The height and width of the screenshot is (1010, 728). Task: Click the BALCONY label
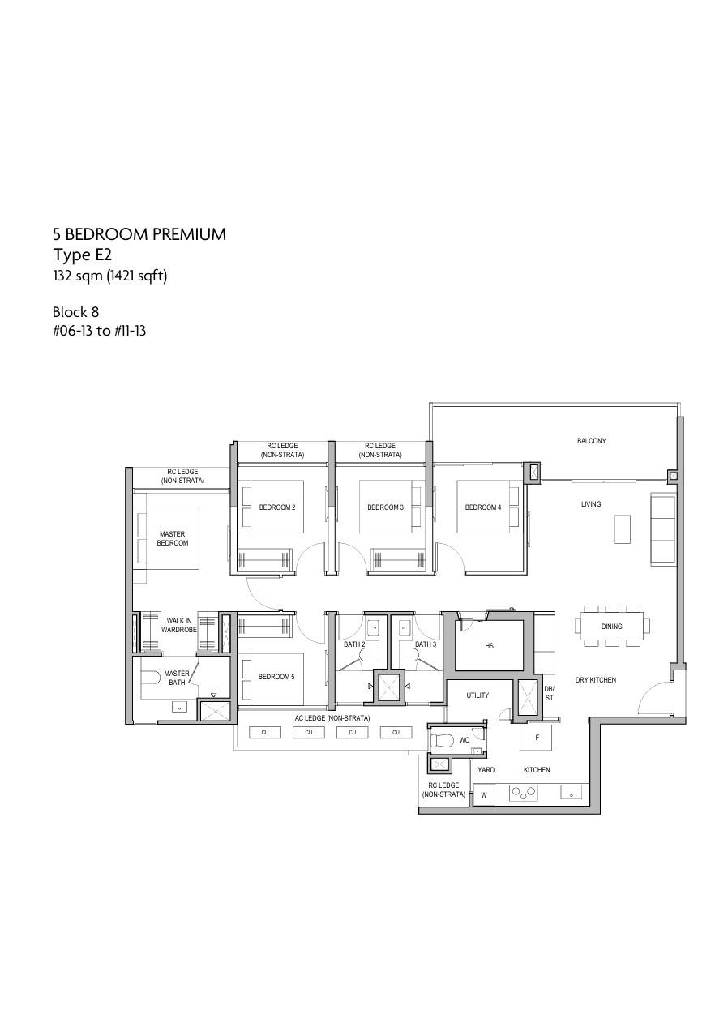pyautogui.click(x=591, y=441)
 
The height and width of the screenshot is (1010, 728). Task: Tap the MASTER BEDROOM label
pyautogui.click(x=173, y=538)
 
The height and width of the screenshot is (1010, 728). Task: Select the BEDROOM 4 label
pyautogui.click(x=483, y=507)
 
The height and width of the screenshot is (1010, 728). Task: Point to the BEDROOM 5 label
pyautogui.click(x=276, y=677)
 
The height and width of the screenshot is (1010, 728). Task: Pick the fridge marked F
pyautogui.click(x=537, y=738)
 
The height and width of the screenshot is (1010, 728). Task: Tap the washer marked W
pyautogui.click(x=484, y=795)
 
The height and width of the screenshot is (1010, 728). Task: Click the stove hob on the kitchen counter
pyautogui.click(x=523, y=793)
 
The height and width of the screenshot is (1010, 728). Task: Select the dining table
pyautogui.click(x=611, y=627)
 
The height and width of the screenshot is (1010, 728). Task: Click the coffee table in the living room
pyautogui.click(x=622, y=529)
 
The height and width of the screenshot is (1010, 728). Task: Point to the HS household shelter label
pyautogui.click(x=490, y=646)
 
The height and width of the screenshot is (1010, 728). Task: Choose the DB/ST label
pyautogui.click(x=549, y=694)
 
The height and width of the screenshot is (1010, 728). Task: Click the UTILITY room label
pyautogui.click(x=477, y=695)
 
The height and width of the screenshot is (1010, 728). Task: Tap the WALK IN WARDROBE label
pyautogui.click(x=178, y=626)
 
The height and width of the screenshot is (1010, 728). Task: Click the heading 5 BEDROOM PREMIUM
pyautogui.click(x=139, y=234)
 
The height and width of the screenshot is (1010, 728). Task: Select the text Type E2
pyautogui.click(x=82, y=255)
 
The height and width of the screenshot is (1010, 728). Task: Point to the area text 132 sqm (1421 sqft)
pyautogui.click(x=110, y=276)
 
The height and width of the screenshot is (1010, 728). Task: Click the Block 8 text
pyautogui.click(x=75, y=312)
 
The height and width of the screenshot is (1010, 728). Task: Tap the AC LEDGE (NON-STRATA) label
pyautogui.click(x=332, y=718)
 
